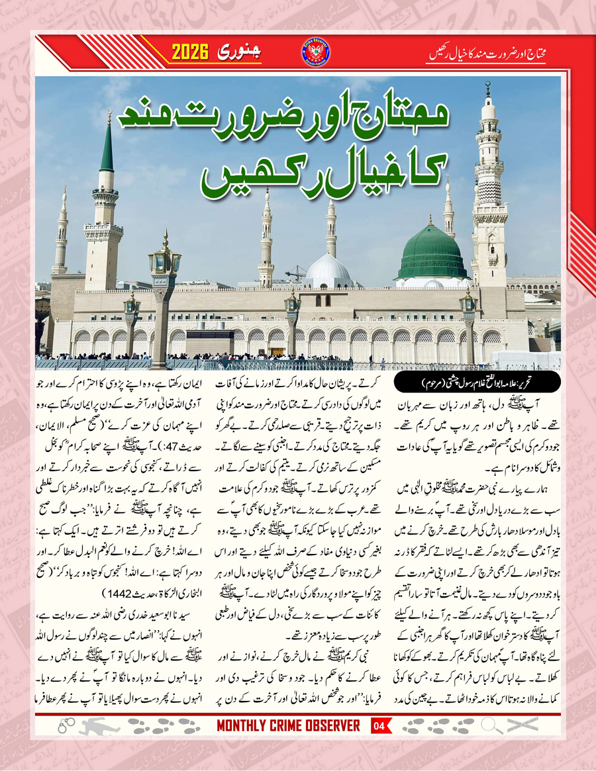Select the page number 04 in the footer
coord(379,725)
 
